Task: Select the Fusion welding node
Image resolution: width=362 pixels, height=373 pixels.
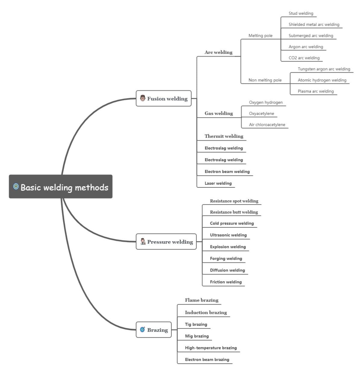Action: click(164, 99)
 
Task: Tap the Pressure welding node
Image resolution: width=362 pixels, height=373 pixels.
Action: click(166, 242)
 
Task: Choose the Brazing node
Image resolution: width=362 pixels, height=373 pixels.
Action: click(154, 330)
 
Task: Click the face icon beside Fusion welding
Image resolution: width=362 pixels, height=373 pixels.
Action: click(143, 98)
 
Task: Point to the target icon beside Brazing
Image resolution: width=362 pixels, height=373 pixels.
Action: click(142, 329)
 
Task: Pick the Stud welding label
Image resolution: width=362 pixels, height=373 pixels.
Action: click(301, 14)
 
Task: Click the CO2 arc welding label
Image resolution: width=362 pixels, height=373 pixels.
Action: click(304, 58)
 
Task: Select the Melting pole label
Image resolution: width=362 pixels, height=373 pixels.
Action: click(260, 36)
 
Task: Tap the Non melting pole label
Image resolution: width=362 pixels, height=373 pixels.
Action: click(265, 80)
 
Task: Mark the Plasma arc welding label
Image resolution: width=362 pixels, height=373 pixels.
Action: click(316, 91)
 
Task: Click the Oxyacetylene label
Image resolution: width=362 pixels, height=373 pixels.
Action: click(261, 114)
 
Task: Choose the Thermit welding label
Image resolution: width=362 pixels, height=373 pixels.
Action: click(224, 136)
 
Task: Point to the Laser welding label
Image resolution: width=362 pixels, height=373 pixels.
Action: click(218, 183)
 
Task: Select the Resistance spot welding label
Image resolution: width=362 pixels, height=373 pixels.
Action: click(234, 201)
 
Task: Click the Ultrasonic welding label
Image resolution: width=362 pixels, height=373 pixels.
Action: click(228, 235)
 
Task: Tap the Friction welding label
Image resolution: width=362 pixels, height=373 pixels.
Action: click(226, 282)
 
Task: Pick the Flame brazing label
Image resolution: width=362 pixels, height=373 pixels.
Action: click(202, 300)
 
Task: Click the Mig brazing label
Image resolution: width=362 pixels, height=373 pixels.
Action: click(197, 336)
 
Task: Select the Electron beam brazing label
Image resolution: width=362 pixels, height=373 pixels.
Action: click(207, 359)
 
